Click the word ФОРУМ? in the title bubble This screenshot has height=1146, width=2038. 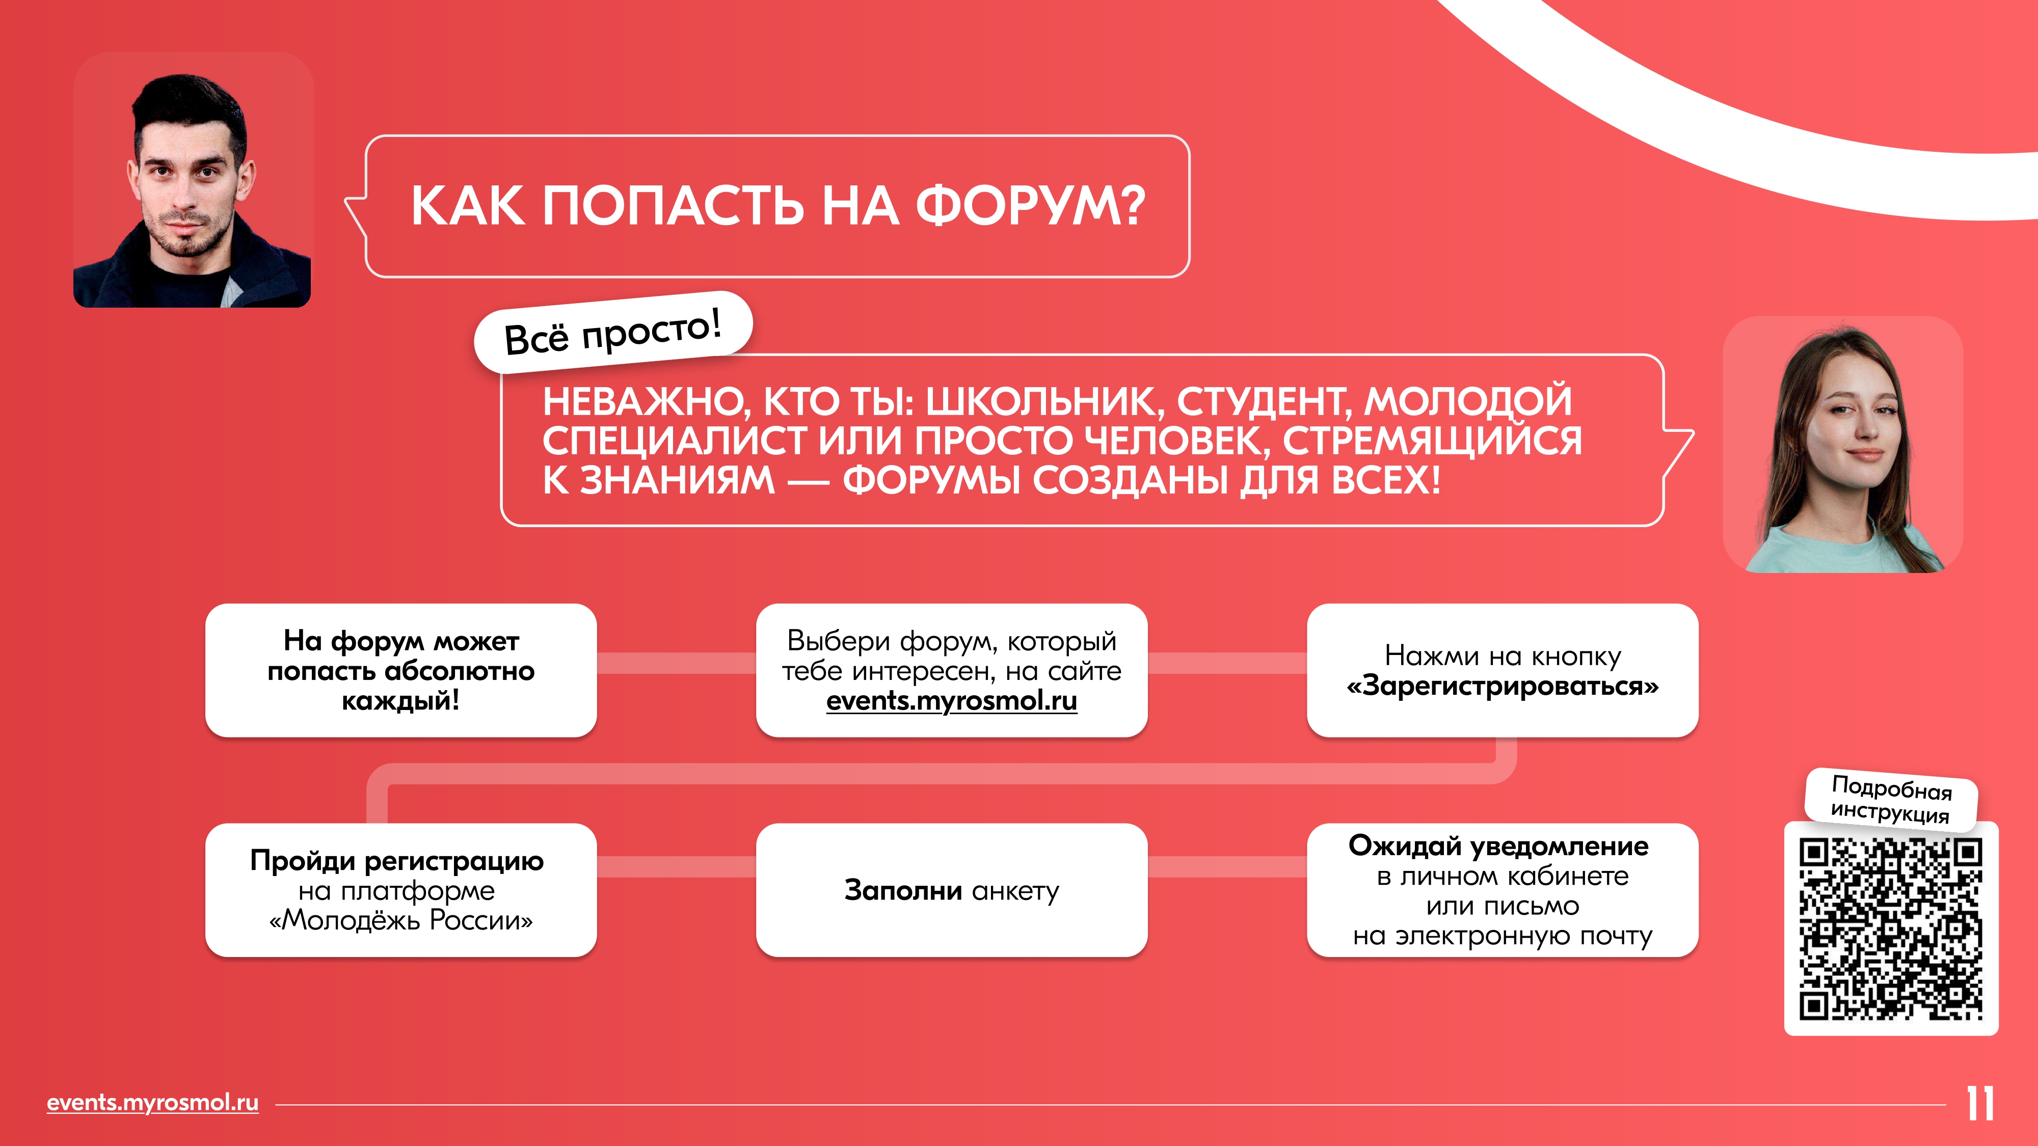click(x=1031, y=206)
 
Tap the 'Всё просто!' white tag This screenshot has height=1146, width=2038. click(x=613, y=332)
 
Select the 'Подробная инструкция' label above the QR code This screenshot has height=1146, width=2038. click(x=1891, y=800)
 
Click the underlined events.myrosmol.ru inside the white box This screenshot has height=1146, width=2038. click(x=952, y=701)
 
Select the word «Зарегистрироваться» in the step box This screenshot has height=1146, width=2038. click(x=1503, y=686)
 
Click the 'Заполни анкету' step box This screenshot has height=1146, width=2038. click(x=952, y=890)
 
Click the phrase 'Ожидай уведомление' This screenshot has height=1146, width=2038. click(x=1498, y=845)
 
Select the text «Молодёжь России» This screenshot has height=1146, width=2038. click(x=401, y=920)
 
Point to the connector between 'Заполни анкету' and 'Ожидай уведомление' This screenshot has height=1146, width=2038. click(x=1227, y=867)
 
